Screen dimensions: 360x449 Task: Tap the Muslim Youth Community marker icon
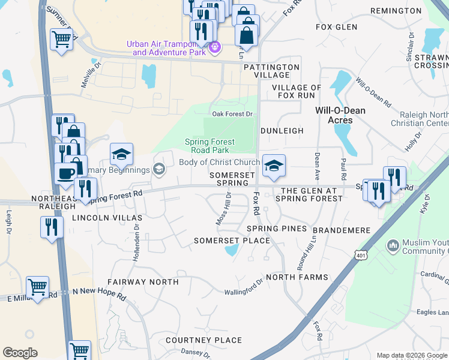(x=393, y=245)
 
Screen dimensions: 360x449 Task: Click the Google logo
(x=20, y=353)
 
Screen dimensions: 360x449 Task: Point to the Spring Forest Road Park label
(x=209, y=146)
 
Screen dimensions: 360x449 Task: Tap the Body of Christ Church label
(x=219, y=163)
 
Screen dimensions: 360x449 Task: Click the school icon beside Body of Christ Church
(x=274, y=166)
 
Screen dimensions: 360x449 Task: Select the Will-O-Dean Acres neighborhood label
(x=341, y=115)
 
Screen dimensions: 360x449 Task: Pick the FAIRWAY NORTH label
(x=143, y=281)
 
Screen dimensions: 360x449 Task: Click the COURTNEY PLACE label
(x=203, y=340)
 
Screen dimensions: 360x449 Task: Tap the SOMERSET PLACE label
(x=232, y=240)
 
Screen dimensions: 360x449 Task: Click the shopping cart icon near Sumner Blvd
(x=62, y=40)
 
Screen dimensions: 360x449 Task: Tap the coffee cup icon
(x=65, y=173)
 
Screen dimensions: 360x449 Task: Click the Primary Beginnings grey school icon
(x=158, y=169)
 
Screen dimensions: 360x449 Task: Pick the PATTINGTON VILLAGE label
(x=271, y=71)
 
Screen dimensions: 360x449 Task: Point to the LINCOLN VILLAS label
(x=107, y=217)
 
